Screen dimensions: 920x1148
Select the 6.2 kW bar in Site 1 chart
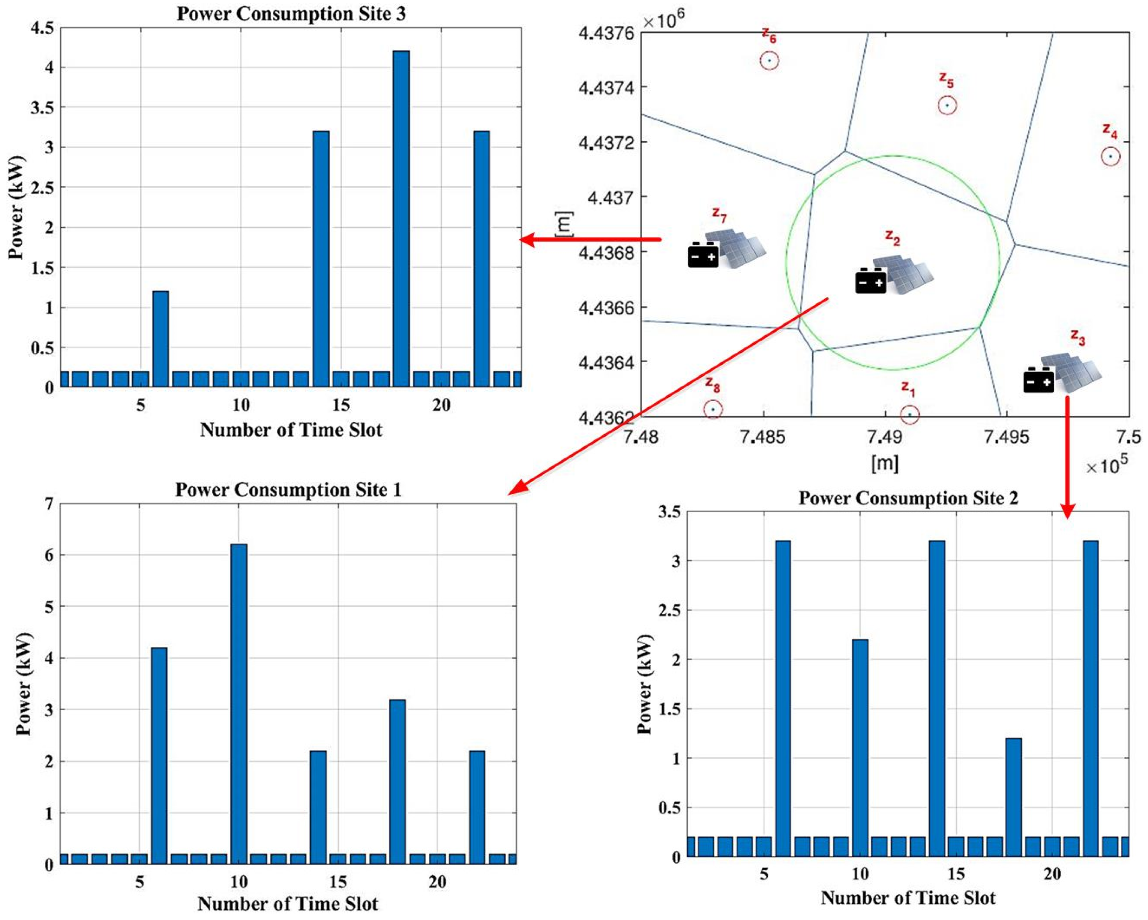point(239,703)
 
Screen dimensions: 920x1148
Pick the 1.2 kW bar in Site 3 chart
point(160,339)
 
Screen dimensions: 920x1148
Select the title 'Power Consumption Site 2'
point(908,498)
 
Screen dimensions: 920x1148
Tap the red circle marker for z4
point(1110,156)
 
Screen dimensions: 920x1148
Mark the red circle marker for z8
point(713,409)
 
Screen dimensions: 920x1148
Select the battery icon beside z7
point(703,255)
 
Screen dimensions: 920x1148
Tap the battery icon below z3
point(1038,380)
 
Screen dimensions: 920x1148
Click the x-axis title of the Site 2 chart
point(908,898)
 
